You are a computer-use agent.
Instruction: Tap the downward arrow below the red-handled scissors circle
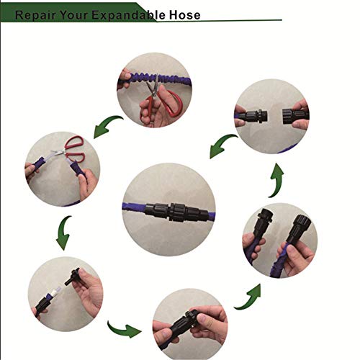click(64, 232)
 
